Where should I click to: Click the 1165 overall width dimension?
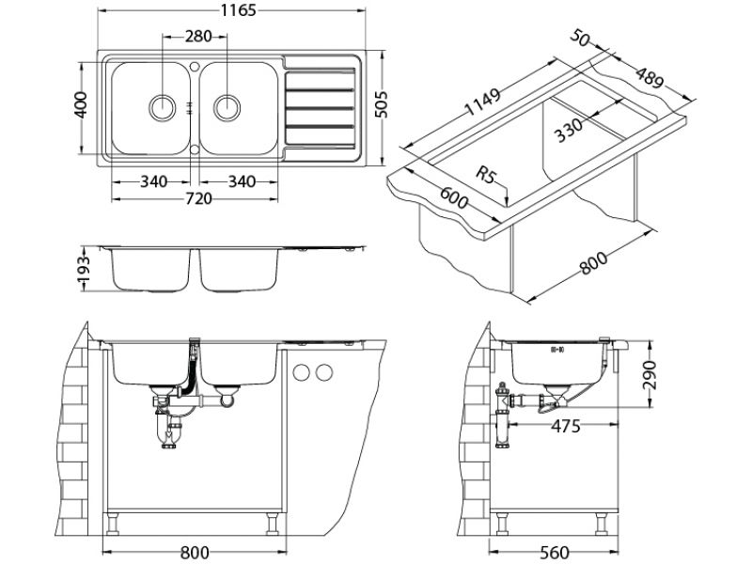(229, 11)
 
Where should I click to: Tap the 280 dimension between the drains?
(196, 37)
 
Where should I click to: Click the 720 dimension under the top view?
(198, 198)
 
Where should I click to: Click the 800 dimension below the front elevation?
(195, 552)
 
